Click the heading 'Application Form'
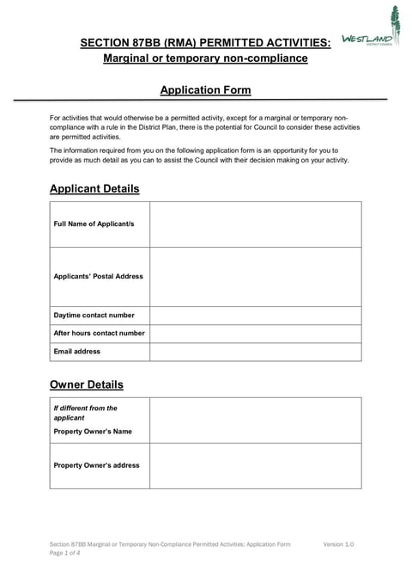coord(205,89)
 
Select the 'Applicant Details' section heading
coord(94,188)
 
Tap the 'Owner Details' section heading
coord(87,384)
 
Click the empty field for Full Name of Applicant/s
coord(255,224)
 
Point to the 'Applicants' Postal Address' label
coord(98,276)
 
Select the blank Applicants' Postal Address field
coord(255,276)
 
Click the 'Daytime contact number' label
coord(94,316)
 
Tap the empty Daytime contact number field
coord(255,316)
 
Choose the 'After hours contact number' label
coord(99,333)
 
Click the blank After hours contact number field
coord(255,333)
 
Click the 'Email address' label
coord(77,351)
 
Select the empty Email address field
coord(255,351)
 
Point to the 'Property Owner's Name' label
coord(93,431)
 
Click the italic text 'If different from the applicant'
coord(85,413)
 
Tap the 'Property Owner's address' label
coord(96,465)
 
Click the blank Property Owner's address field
coord(255,465)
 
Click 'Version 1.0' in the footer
coord(338,544)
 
